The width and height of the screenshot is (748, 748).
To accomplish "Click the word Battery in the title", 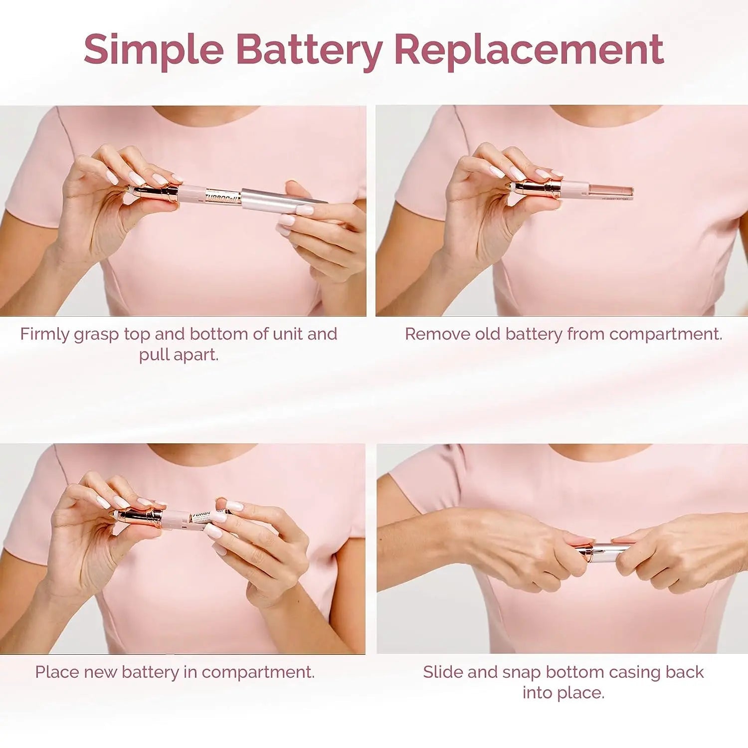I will (309, 49).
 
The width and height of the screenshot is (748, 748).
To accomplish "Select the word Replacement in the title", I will (529, 49).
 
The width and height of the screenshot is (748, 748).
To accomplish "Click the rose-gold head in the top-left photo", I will (155, 192).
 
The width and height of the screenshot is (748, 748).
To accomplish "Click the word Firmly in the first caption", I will (45, 334).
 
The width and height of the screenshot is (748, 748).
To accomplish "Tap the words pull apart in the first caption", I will (179, 355).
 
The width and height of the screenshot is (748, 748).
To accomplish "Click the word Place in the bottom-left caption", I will (57, 672).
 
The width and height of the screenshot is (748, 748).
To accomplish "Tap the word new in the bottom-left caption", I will (101, 672).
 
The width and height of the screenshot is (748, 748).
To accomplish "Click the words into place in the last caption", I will (563, 693).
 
